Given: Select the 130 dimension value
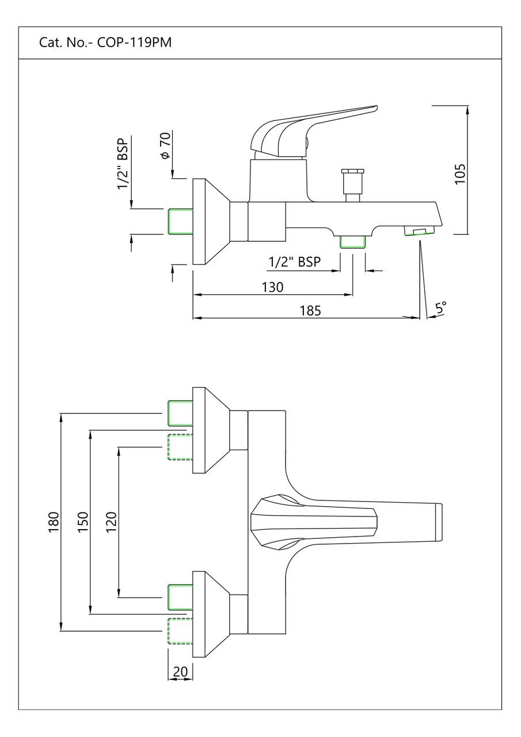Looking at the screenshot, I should (272, 287).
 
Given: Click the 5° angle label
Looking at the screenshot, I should (440, 308).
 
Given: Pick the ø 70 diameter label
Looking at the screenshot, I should (166, 147).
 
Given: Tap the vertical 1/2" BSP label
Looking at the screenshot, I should (123, 164).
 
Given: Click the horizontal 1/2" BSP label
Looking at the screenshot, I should (294, 262).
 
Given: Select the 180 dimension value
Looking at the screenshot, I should (54, 522).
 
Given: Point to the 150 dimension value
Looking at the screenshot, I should (83, 522).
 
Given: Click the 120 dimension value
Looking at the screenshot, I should (112, 522).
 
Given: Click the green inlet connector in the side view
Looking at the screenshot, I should (179, 222).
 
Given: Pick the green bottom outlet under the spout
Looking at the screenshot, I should (352, 242).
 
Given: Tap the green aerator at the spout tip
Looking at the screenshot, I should (419, 231).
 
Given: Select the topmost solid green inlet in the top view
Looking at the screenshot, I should (179, 413).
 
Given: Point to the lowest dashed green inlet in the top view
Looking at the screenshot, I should (179, 631).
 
